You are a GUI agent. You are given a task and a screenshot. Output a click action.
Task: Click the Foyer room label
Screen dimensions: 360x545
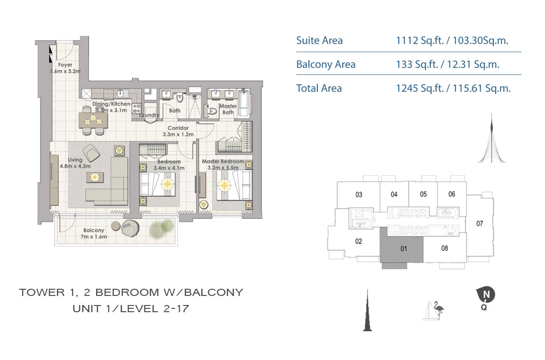(65, 68)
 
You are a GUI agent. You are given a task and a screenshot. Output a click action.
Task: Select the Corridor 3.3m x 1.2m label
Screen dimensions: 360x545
(178, 131)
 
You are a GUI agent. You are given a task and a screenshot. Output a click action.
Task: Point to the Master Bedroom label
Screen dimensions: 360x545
(223, 164)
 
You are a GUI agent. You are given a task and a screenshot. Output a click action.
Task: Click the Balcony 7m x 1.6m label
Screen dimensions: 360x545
(94, 233)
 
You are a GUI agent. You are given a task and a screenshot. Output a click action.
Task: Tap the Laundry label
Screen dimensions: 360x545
(149, 115)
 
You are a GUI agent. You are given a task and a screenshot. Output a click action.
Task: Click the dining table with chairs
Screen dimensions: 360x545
(93, 120)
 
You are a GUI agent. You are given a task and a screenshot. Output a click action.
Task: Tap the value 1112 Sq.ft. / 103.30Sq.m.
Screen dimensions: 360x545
(452, 41)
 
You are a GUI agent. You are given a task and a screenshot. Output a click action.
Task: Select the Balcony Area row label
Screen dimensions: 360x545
(326, 65)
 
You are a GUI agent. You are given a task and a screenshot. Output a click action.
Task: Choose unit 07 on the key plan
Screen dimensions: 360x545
(480, 223)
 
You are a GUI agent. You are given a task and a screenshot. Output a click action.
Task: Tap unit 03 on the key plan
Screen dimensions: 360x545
(359, 195)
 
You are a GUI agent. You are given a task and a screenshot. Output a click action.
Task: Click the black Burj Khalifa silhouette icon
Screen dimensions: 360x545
(367, 310)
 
